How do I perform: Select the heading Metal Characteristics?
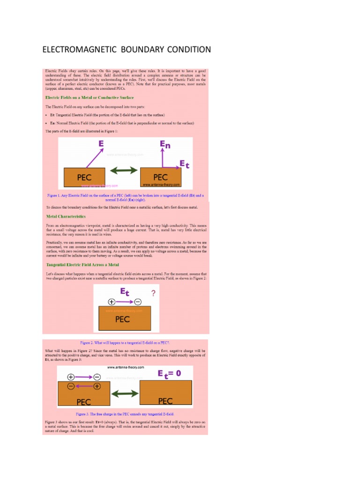click(x=66, y=217)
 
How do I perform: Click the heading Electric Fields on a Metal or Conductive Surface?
click(x=89, y=97)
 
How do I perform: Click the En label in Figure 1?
click(x=165, y=145)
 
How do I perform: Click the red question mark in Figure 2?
click(x=153, y=293)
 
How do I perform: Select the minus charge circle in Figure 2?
click(x=138, y=301)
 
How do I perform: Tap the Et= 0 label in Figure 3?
click(x=172, y=374)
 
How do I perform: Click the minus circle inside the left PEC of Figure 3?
click(x=70, y=387)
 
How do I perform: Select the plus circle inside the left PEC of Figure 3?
click(x=97, y=387)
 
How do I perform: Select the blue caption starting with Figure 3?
click(x=125, y=414)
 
